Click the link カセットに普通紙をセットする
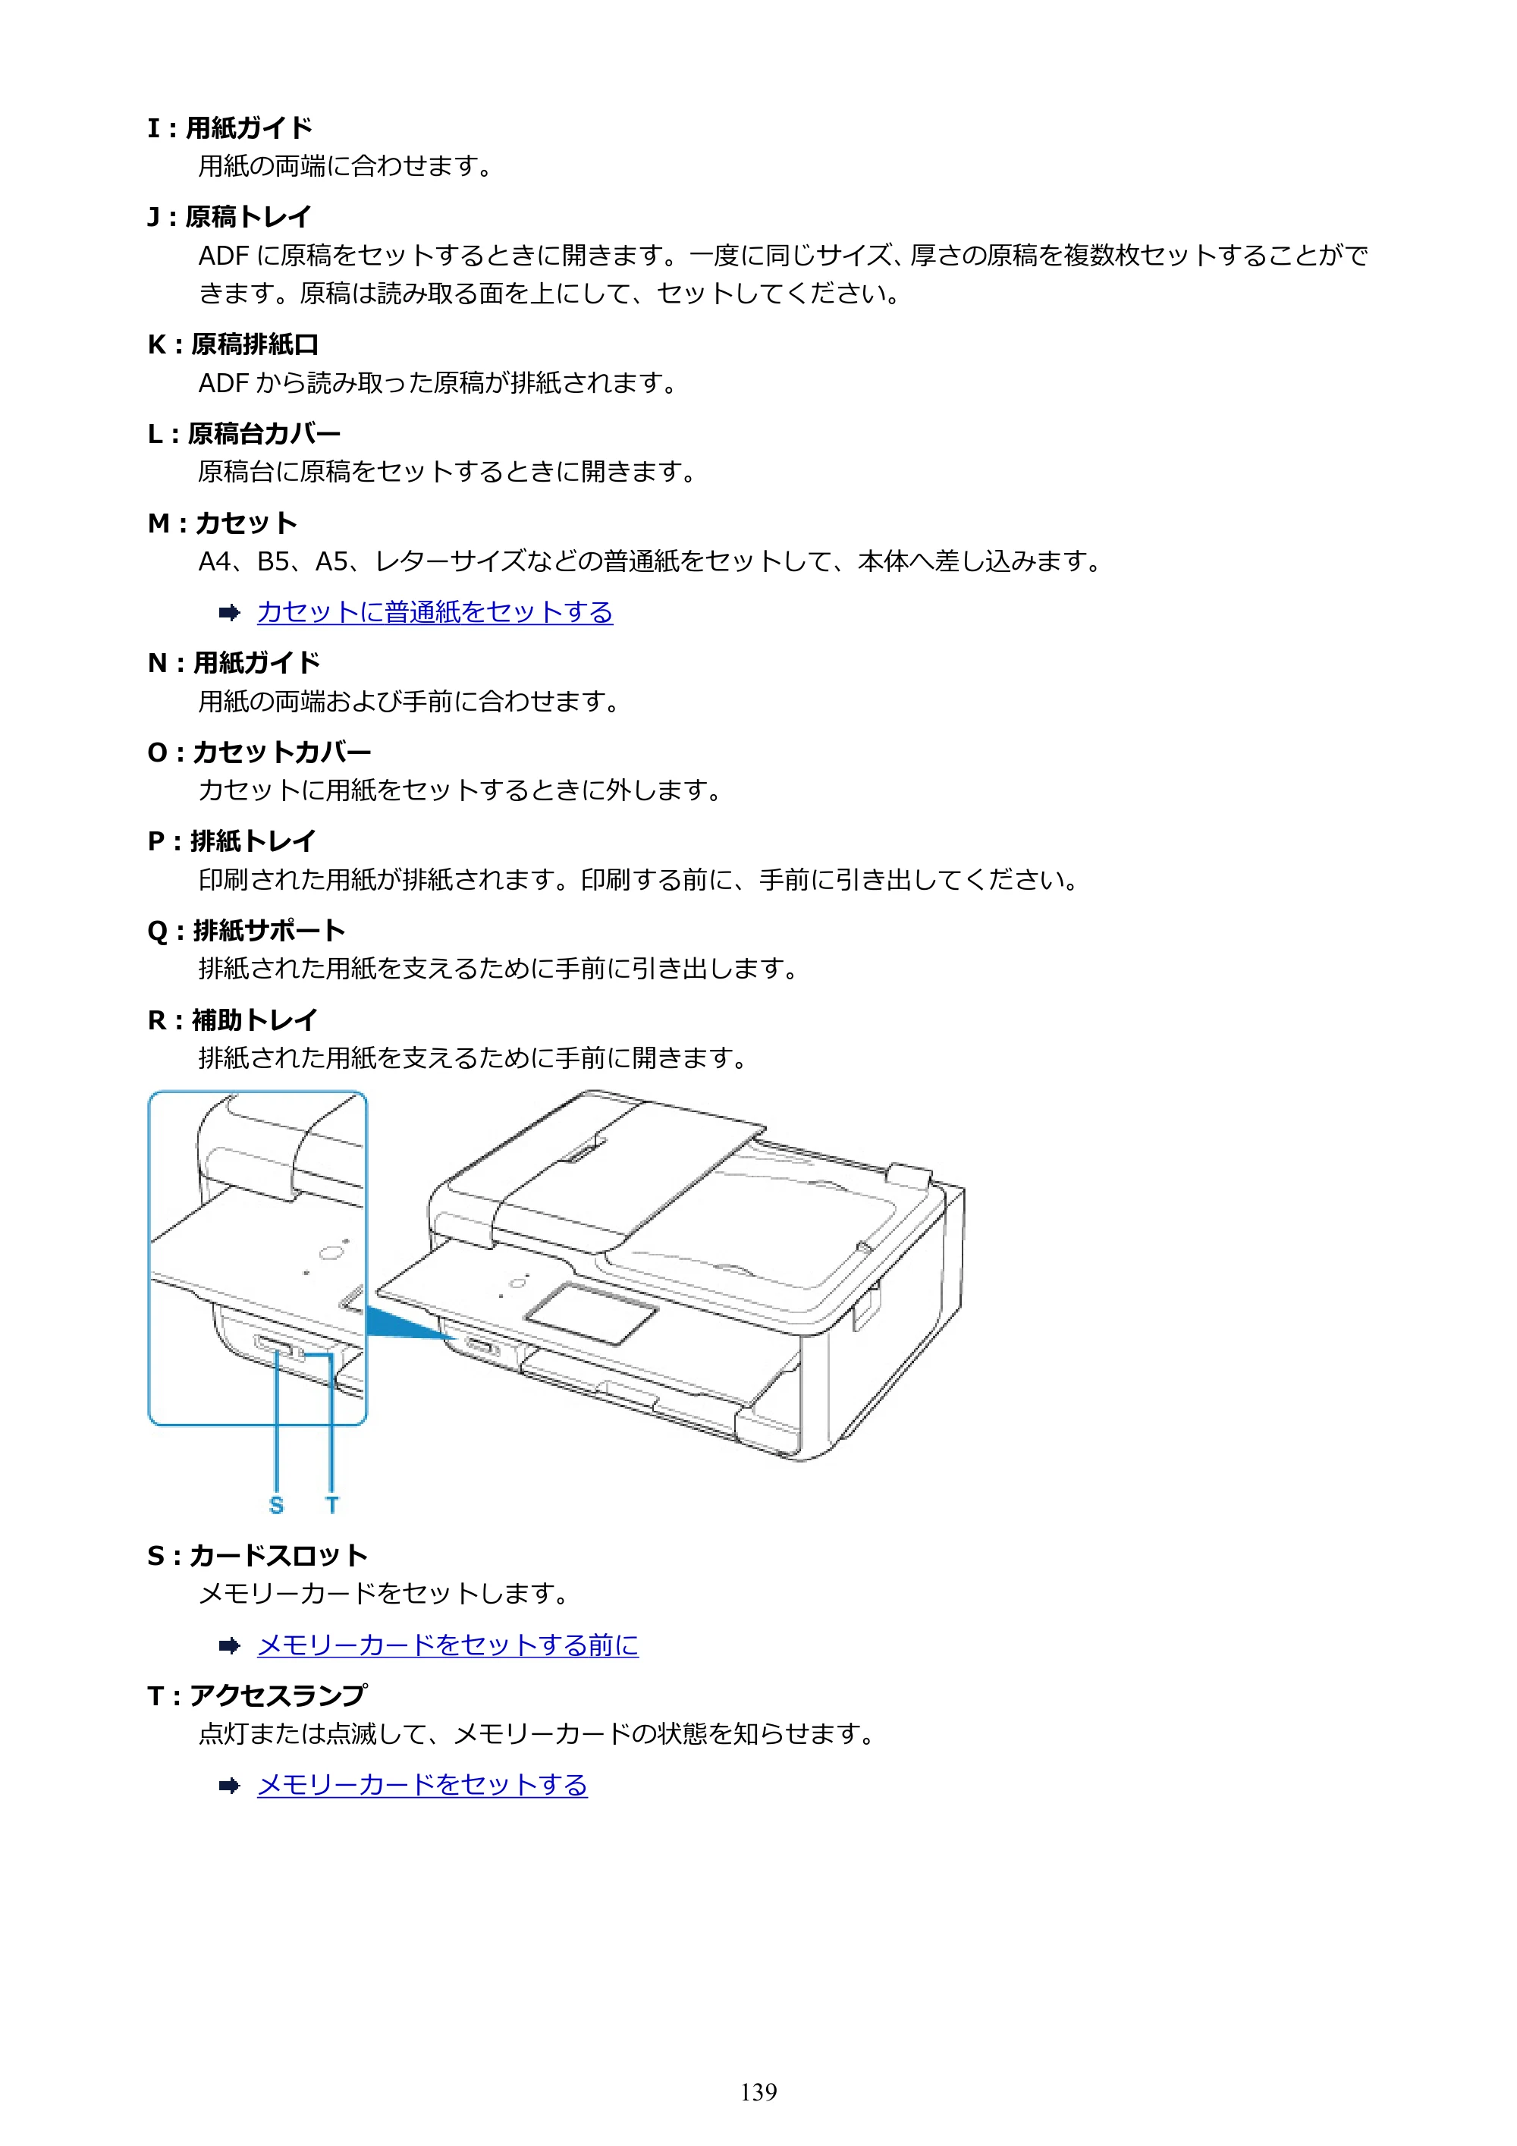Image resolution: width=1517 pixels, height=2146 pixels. [435, 612]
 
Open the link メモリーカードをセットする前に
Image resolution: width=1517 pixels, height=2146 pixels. [448, 1645]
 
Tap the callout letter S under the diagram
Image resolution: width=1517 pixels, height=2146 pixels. [276, 1505]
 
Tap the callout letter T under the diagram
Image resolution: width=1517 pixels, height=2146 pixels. [331, 1505]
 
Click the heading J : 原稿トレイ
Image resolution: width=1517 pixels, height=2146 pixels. [230, 217]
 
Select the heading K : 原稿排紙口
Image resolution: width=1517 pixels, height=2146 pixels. [234, 345]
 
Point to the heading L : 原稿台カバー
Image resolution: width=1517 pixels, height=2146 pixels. [244, 434]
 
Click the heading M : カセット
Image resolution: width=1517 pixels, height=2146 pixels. [222, 523]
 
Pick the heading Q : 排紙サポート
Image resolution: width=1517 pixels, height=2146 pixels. [247, 931]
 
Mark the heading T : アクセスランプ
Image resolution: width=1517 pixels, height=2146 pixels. [257, 1695]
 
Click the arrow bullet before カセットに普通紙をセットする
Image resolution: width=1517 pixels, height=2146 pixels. [229, 613]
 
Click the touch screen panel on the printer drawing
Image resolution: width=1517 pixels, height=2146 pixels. [591, 1313]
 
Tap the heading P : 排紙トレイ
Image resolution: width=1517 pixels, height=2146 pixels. [232, 841]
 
